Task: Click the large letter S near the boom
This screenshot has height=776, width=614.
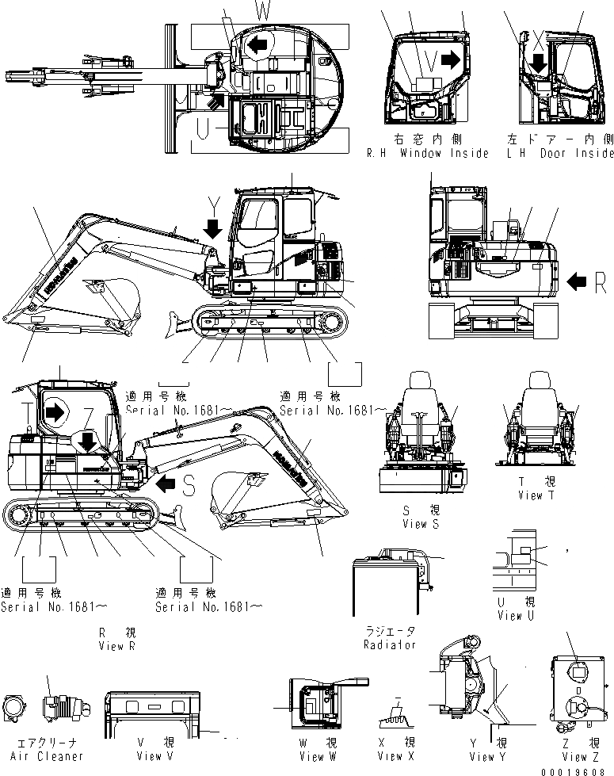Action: point(189,487)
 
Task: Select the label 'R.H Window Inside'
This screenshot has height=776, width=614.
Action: point(428,153)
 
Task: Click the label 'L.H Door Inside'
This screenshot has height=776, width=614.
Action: point(560,153)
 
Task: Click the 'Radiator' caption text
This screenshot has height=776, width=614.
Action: point(390,644)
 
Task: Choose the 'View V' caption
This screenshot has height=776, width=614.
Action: point(154,757)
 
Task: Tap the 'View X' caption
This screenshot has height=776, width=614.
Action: point(395,757)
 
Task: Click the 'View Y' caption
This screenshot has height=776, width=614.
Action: point(486,757)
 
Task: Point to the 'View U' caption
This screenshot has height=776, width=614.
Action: point(516,615)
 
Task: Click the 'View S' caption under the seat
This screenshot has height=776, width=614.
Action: point(414,524)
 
